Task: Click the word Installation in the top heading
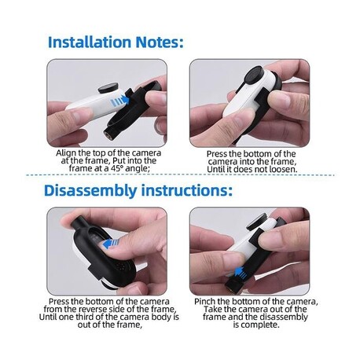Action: [x=90, y=42]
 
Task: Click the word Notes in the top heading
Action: [x=157, y=42]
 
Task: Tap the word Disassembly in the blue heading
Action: [x=90, y=191]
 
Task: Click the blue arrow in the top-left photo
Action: [x=120, y=101]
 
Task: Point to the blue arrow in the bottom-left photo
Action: [x=112, y=244]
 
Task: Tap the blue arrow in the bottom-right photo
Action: [x=241, y=273]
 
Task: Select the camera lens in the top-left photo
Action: [x=108, y=87]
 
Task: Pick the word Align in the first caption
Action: [x=64, y=153]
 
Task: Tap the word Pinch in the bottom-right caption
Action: [x=204, y=302]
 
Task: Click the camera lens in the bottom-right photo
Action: [x=257, y=222]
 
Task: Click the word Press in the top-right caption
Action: [x=217, y=154]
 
